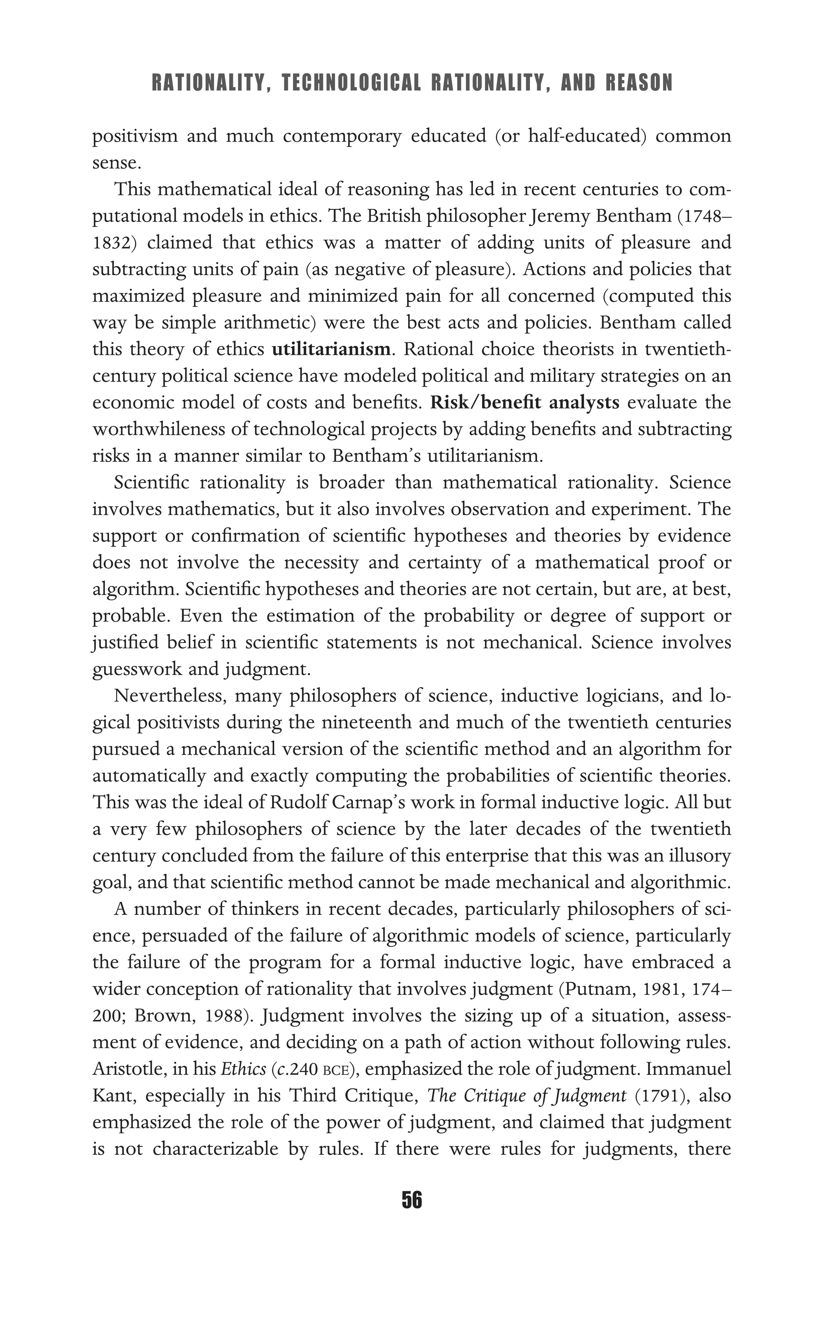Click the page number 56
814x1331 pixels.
(x=412, y=1200)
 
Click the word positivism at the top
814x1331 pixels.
(x=135, y=136)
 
